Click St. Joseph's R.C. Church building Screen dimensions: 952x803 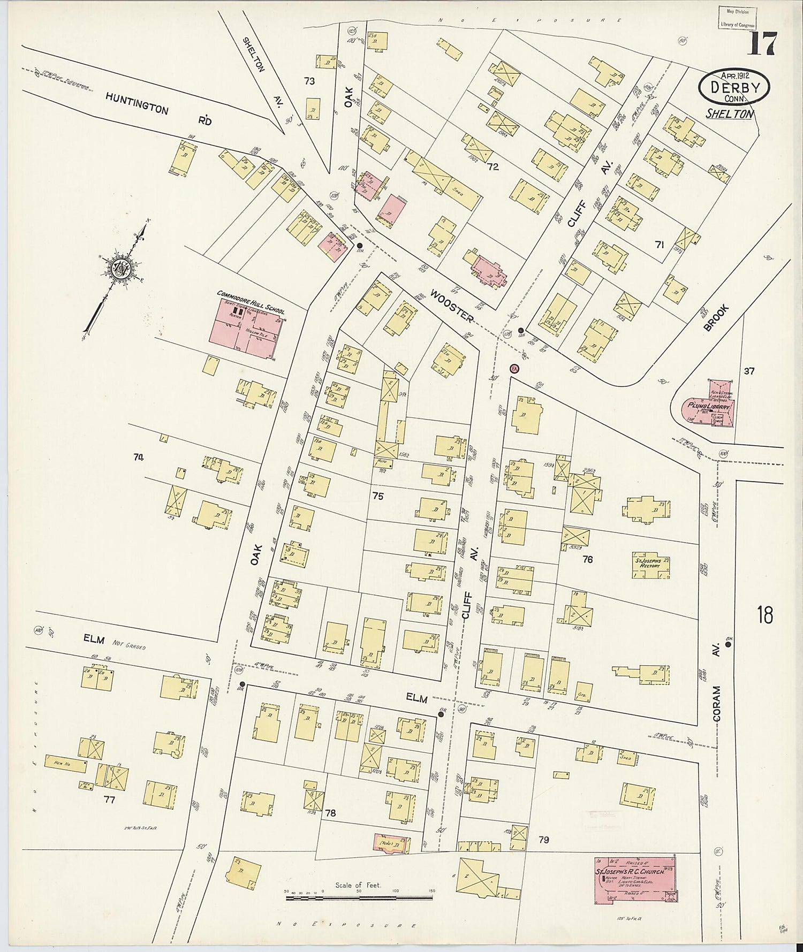point(635,880)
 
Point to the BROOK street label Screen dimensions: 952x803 point(716,318)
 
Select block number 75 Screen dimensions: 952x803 point(377,497)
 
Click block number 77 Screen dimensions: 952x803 point(109,800)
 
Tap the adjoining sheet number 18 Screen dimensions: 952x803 point(765,615)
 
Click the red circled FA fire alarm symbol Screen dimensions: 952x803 point(513,369)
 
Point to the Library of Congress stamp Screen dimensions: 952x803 point(737,18)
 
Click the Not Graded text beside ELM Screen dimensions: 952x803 point(128,646)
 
